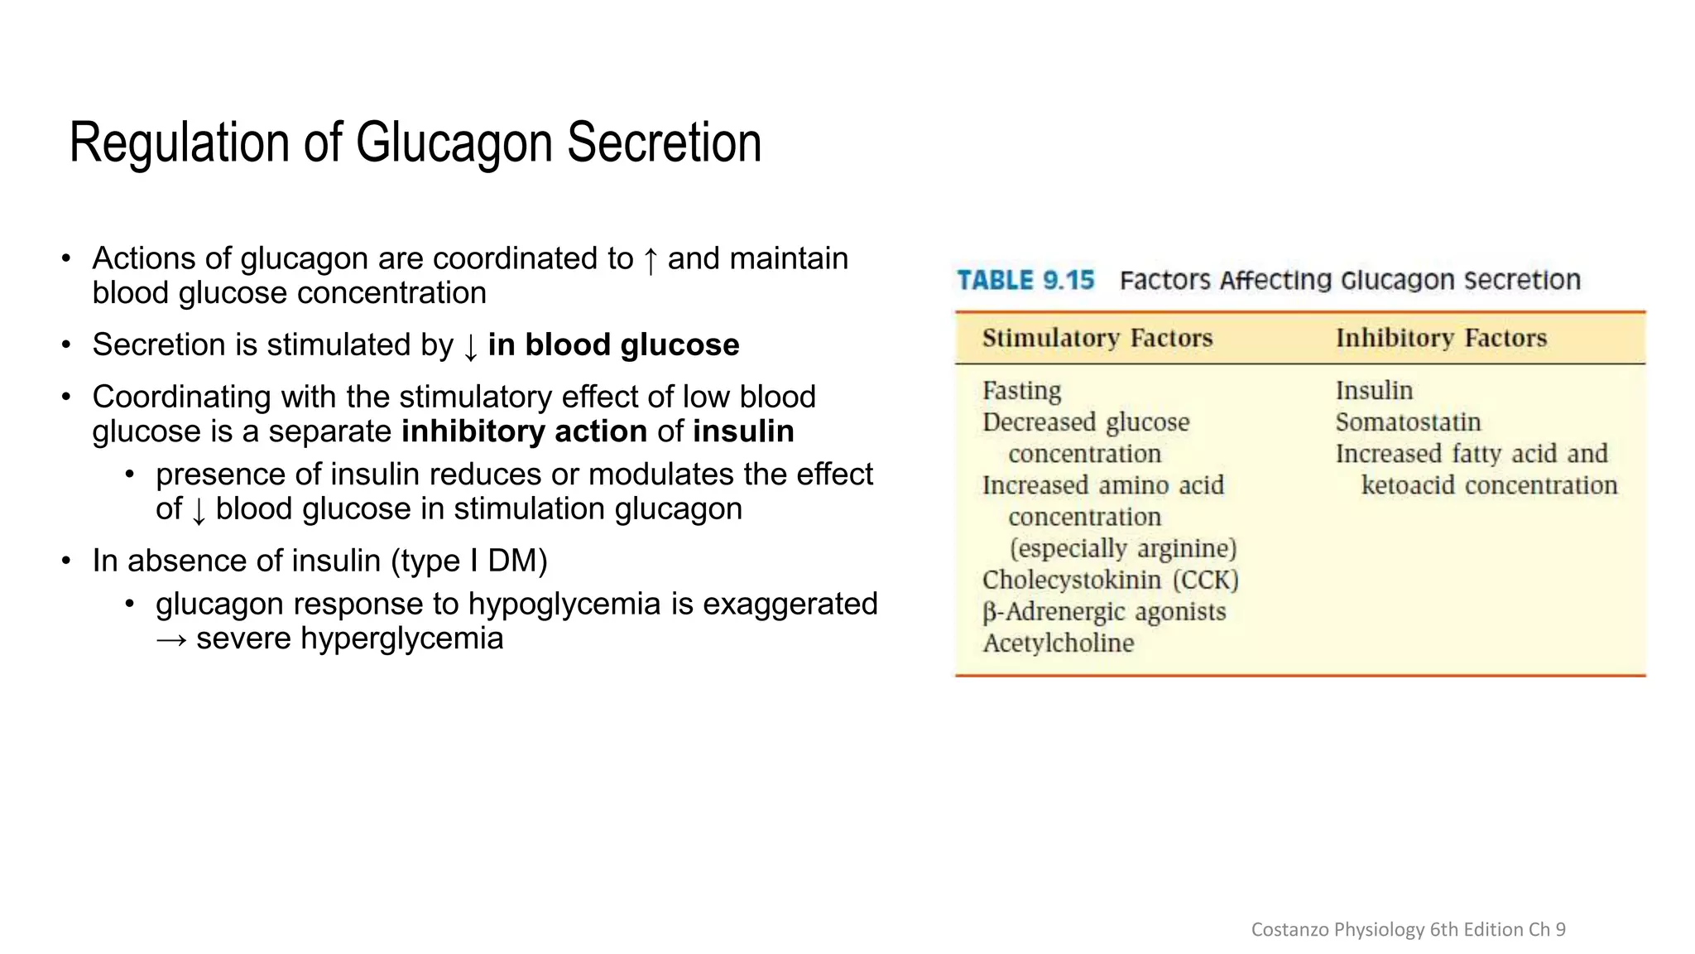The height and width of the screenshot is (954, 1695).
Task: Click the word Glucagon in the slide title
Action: [x=454, y=143]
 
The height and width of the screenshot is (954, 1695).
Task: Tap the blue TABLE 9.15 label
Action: [x=1025, y=281]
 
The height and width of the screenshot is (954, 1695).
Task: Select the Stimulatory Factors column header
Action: [x=1097, y=338]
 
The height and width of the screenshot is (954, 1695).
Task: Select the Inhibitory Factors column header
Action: [x=1441, y=338]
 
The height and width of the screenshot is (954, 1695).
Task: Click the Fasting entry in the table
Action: [x=1021, y=391]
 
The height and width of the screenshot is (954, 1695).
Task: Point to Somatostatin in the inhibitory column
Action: [x=1408, y=422]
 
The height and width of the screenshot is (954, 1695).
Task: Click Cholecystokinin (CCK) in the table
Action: [x=1110, y=580]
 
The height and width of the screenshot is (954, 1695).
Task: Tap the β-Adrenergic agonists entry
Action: [x=1104, y=612]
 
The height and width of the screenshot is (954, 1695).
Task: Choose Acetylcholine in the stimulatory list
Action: [x=1058, y=643]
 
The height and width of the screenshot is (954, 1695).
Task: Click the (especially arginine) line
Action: [x=1122, y=548]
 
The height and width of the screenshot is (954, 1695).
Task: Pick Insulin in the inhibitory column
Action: [x=1374, y=391]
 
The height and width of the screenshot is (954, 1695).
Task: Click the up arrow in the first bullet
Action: [x=651, y=260]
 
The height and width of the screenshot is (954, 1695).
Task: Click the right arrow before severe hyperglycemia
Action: [x=171, y=640]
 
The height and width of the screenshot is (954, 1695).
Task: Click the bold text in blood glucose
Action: [x=613, y=344]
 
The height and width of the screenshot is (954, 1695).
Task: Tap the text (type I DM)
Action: [x=469, y=561]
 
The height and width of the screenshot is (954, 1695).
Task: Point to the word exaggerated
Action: [x=790, y=604]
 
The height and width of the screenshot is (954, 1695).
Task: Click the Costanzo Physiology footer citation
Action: [x=1408, y=929]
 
